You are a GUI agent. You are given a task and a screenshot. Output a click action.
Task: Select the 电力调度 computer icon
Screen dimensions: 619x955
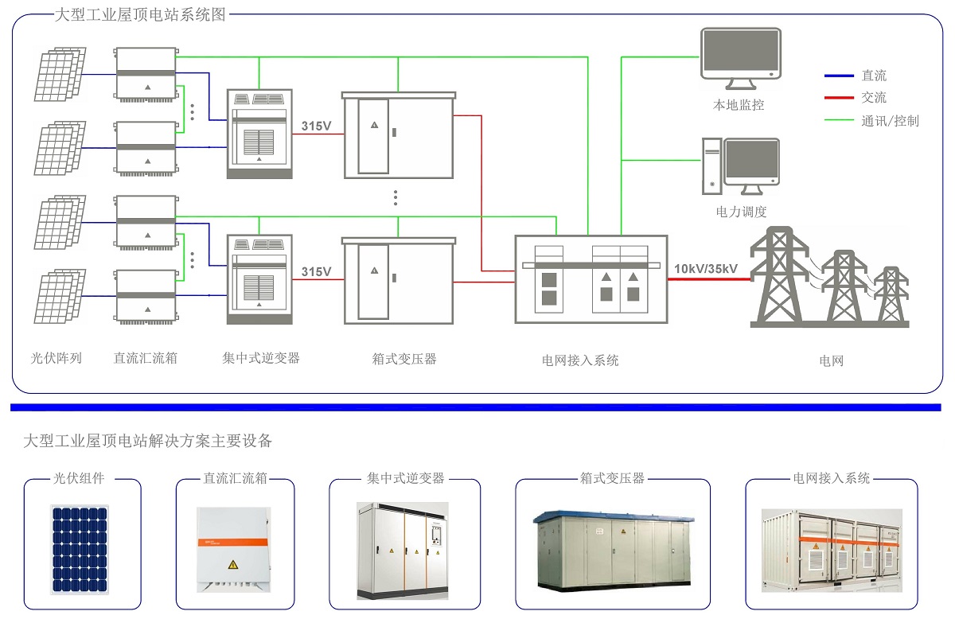[740, 167]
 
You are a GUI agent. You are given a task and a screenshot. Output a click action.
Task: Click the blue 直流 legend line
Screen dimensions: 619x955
[839, 76]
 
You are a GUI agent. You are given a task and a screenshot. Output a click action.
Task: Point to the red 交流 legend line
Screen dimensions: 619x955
[839, 98]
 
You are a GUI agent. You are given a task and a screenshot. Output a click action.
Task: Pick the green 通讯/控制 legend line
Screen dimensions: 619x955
[839, 121]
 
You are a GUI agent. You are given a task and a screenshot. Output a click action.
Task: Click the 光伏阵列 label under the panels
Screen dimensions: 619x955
[57, 358]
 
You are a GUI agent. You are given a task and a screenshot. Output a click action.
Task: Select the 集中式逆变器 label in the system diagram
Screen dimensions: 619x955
[261, 358]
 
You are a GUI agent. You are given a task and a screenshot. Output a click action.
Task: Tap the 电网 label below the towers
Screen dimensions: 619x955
[831, 360]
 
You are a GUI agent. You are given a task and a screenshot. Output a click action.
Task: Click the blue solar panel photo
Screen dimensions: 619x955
[80, 549]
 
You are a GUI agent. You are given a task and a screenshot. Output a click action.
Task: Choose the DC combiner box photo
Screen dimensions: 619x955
[234, 549]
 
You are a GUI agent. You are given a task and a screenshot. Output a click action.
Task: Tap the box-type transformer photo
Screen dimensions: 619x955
[612, 547]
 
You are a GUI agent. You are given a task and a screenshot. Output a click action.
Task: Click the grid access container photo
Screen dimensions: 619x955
[832, 549]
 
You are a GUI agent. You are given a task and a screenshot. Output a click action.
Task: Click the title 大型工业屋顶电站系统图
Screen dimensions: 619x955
[140, 15]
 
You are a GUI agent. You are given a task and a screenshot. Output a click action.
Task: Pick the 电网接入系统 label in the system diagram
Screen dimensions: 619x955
[580, 360]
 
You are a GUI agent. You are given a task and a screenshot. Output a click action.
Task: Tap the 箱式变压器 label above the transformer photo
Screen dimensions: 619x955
[612, 478]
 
